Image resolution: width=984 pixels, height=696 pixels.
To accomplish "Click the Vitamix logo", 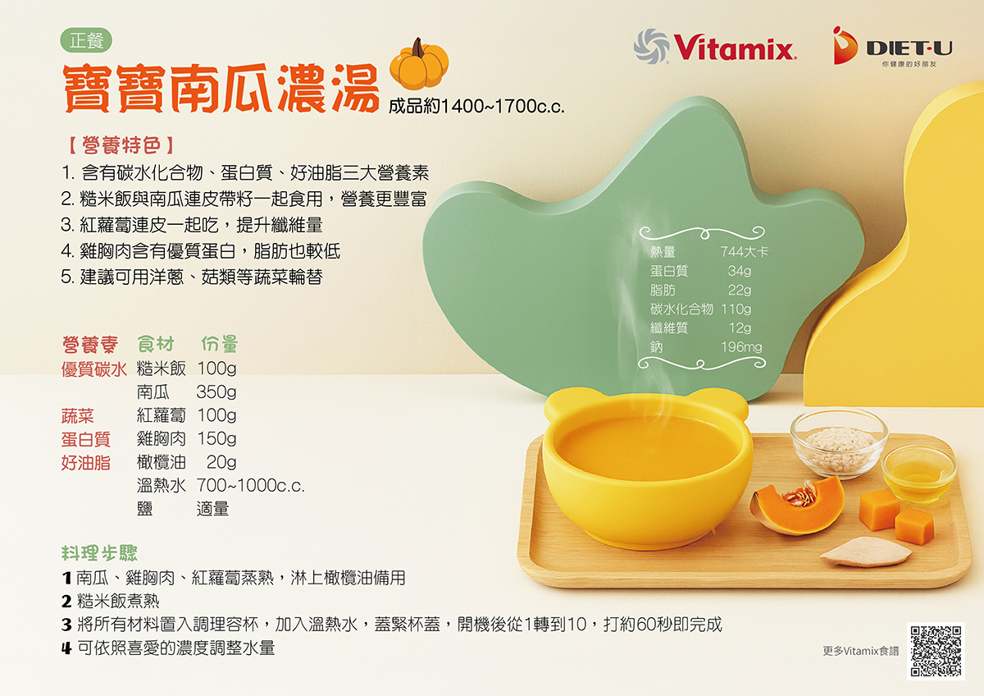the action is click(715, 47).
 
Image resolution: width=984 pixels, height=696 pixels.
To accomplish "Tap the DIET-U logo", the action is click(893, 46).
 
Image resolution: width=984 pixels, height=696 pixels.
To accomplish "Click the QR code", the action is click(936, 651).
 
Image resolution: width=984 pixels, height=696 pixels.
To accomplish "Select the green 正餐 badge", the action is click(86, 40).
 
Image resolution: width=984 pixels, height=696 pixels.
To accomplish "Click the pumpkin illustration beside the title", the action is click(419, 64).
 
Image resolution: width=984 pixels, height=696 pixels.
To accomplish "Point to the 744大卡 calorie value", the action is click(745, 251).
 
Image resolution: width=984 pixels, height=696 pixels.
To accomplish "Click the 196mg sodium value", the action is click(741, 347).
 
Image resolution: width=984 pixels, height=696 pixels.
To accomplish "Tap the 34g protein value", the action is click(740, 271).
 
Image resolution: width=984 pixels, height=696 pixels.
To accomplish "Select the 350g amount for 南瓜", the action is click(216, 391).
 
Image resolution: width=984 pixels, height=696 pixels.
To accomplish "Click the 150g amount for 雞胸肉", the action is click(216, 438).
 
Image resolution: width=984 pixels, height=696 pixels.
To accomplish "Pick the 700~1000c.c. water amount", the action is click(250, 485).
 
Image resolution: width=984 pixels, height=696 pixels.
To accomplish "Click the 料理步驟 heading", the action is click(99, 553).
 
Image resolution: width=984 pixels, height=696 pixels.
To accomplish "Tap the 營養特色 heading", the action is click(121, 145).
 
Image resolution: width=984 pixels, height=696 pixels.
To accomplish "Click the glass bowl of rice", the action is click(839, 443).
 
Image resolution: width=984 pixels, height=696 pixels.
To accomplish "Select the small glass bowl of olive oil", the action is click(918, 474).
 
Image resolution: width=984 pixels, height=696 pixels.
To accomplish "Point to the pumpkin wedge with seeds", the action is click(796, 506).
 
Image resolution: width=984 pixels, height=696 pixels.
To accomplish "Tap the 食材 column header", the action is click(156, 344).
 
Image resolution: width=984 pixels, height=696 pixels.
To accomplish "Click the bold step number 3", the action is click(66, 625).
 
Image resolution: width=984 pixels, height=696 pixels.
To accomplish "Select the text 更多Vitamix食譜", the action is click(861, 651).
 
